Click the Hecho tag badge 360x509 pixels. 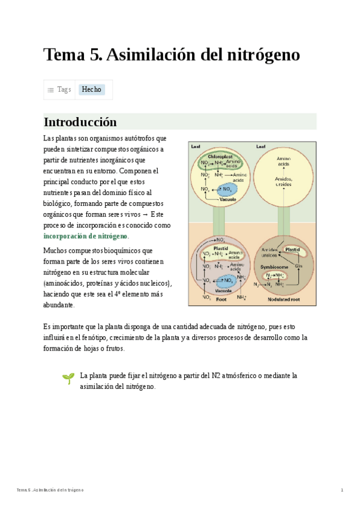pyautogui.click(x=92, y=89)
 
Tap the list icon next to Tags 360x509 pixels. pyautogui.click(x=50, y=89)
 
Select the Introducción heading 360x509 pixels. pyautogui.click(x=80, y=122)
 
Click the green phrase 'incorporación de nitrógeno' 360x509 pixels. pyautogui.click(x=86, y=236)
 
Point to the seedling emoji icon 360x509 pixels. pyautogui.click(x=68, y=378)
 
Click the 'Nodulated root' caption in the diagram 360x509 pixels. pyautogui.click(x=284, y=298)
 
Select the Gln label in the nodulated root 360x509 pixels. pyautogui.click(x=298, y=265)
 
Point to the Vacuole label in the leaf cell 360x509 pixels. pyautogui.click(x=227, y=199)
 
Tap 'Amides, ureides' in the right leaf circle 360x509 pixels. pyautogui.click(x=284, y=181)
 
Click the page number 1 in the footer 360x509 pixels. pyautogui.click(x=342, y=490)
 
